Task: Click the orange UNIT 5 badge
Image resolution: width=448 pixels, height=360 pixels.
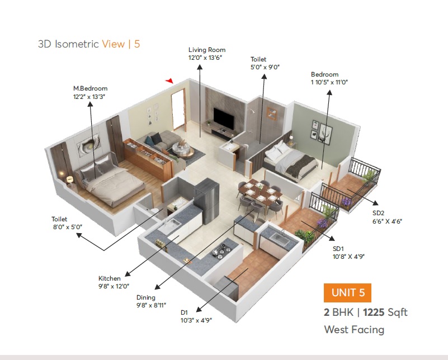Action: (347, 292)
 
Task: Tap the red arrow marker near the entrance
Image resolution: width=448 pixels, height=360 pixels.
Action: (169, 81)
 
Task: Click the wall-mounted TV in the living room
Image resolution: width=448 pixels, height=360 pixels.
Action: (224, 117)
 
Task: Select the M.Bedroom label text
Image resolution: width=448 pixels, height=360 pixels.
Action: (90, 88)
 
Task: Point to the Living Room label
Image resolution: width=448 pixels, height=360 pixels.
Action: (207, 50)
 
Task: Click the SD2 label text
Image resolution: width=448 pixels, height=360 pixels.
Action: (378, 213)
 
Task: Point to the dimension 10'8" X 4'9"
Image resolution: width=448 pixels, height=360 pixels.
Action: (348, 257)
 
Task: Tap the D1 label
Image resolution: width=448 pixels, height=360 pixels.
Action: (184, 312)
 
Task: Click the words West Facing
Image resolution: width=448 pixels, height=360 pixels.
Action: (354, 330)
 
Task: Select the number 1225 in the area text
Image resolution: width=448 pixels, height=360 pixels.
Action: (374, 312)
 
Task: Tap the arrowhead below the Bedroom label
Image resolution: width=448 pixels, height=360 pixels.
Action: (329, 92)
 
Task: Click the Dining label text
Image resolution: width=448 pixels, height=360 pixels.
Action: (146, 297)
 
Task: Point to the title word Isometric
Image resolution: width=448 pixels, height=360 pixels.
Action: (77, 44)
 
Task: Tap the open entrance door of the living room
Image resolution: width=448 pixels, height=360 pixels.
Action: (178, 110)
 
